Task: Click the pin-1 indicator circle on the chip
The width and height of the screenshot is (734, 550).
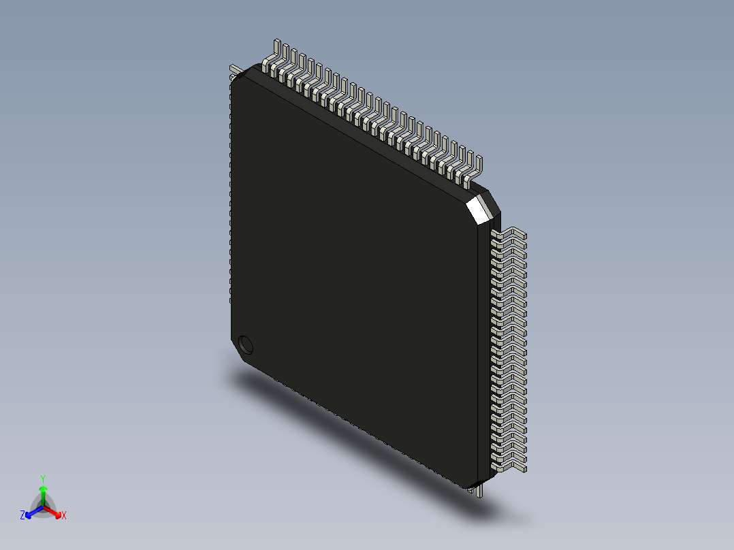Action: (x=245, y=344)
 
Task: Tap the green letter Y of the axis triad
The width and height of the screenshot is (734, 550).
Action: (x=43, y=479)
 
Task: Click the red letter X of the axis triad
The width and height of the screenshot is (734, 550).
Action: (x=64, y=516)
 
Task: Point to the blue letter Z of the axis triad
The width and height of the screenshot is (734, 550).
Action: (x=22, y=516)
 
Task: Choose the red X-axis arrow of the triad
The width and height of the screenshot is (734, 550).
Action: (x=54, y=511)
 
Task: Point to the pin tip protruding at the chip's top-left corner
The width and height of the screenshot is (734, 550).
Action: (x=234, y=68)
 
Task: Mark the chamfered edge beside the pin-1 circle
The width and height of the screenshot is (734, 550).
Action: (x=238, y=351)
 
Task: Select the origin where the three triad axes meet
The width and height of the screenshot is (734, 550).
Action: (x=43, y=506)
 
